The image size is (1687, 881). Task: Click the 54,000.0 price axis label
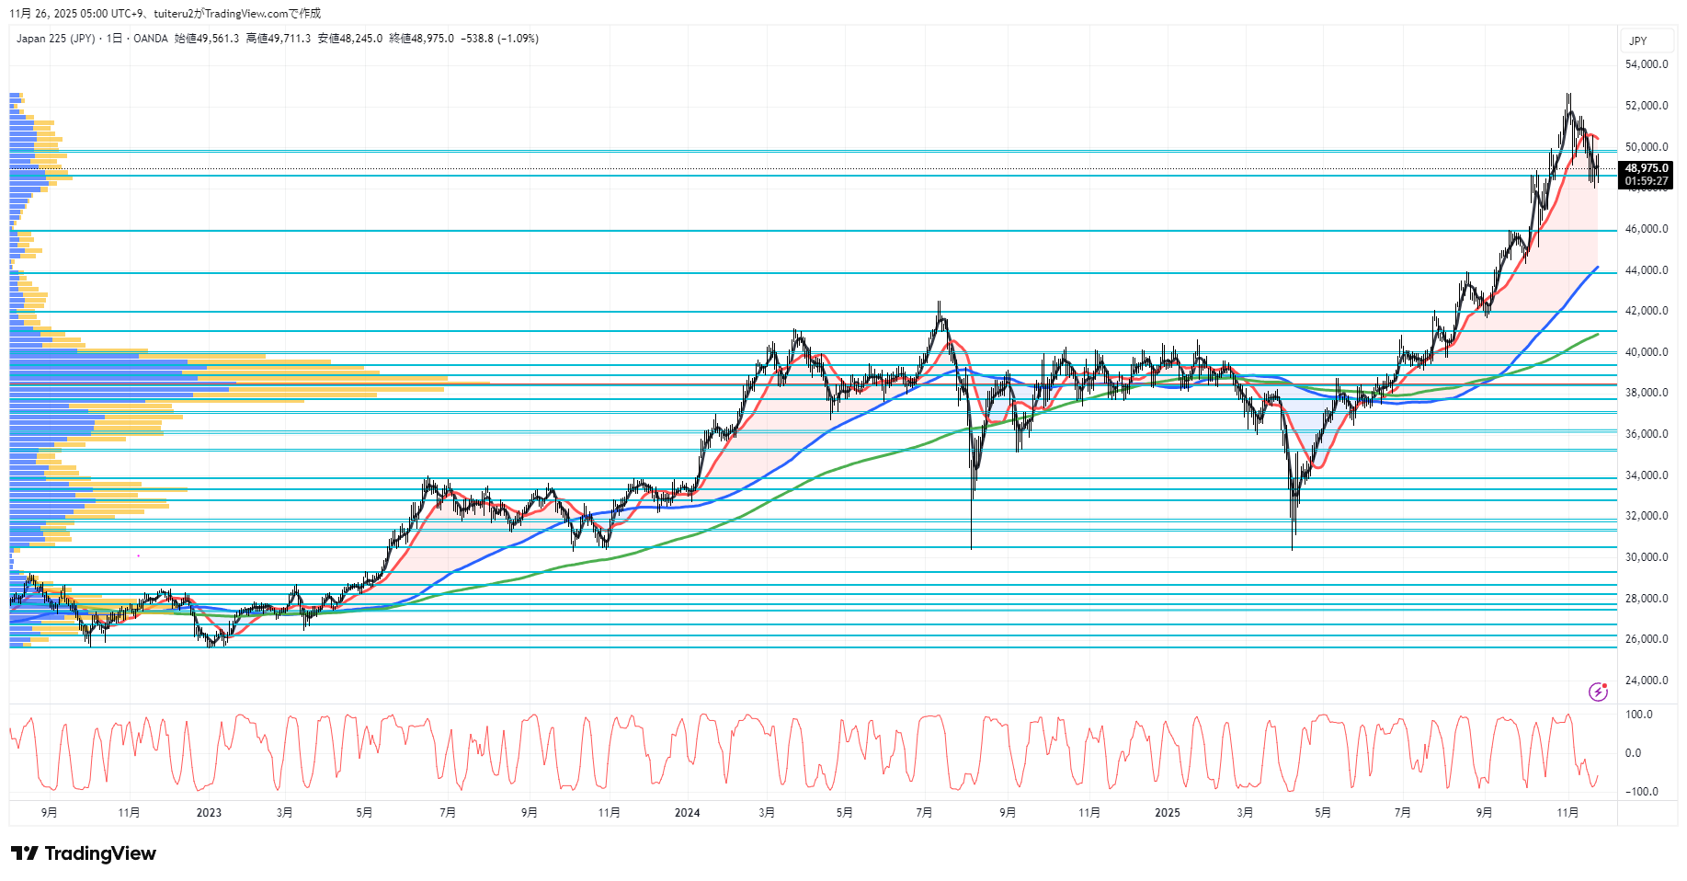click(x=1646, y=64)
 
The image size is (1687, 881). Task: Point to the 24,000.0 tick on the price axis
click(x=1646, y=681)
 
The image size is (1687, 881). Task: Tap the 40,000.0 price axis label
click(x=1646, y=352)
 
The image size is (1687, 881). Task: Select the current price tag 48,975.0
click(x=1646, y=168)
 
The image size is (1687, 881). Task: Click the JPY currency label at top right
click(x=1637, y=41)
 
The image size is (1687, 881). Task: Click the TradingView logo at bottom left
click(x=84, y=853)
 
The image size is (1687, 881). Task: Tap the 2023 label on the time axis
click(x=209, y=813)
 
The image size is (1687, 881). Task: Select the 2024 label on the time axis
click(x=687, y=813)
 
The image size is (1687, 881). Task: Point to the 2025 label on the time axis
click(x=1167, y=813)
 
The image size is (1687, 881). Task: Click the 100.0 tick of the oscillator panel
click(x=1639, y=715)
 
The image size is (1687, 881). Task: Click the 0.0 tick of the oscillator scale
click(x=1633, y=753)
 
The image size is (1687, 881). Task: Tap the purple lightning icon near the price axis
click(x=1598, y=692)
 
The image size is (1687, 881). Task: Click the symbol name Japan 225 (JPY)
click(x=55, y=39)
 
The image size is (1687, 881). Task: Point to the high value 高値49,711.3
click(x=278, y=39)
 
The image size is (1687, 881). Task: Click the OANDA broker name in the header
click(x=151, y=39)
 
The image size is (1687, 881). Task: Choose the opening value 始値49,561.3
click(x=207, y=39)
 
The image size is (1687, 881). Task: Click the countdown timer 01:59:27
click(x=1646, y=181)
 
